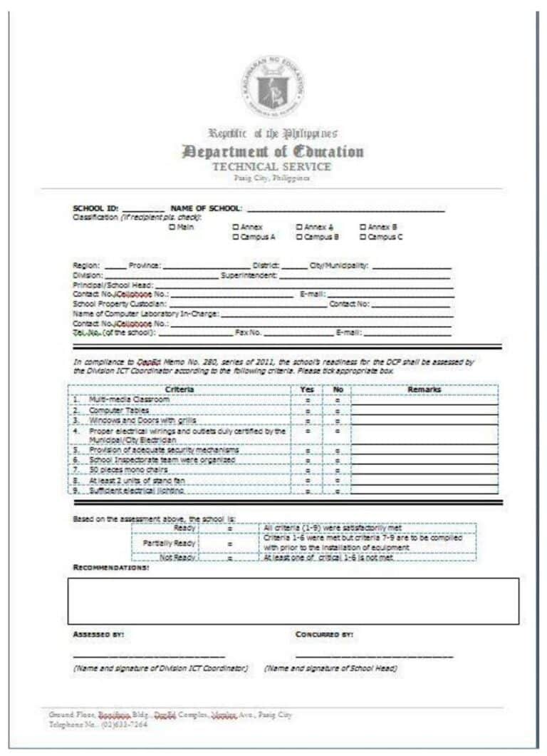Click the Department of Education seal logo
pos(273,86)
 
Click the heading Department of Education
pos(273,151)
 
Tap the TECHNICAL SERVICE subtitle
pos(272,167)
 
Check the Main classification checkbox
pos(172,227)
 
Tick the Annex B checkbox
pos(363,227)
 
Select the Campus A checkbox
pos(236,236)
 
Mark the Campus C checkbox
pos(363,236)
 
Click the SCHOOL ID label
pos(95,208)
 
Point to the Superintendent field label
pos(249,275)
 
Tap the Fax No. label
pos(249,332)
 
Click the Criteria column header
pos(179,389)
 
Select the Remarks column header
pos(424,389)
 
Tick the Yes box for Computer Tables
pos(308,412)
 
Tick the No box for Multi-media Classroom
pos(337,401)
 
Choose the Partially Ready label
pos(165,543)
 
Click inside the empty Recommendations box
pos(293,601)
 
